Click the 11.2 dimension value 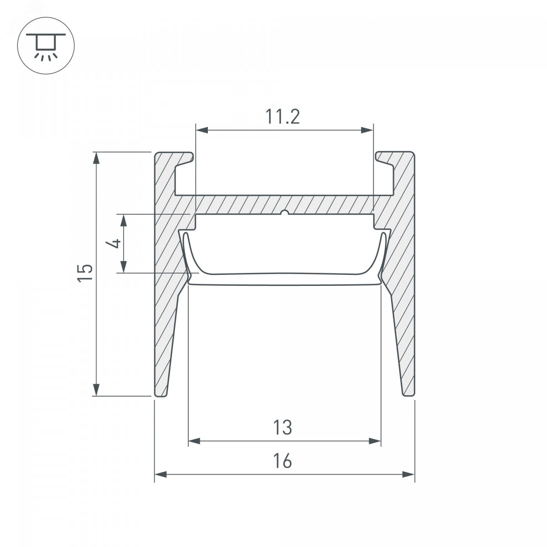[x=283, y=117]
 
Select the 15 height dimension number [x=85, y=273]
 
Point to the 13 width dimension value [x=283, y=428]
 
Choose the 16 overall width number [x=283, y=461]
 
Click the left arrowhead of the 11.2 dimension [x=202, y=130]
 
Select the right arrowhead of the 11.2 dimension [x=367, y=130]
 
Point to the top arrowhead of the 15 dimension [x=97, y=158]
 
